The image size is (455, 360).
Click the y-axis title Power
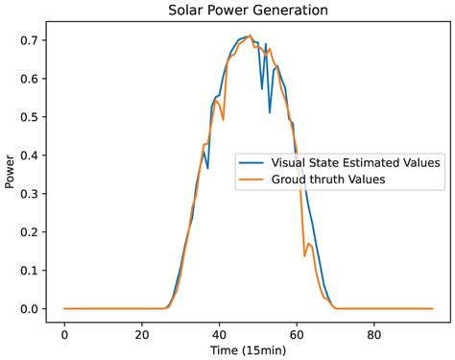[x=11, y=175]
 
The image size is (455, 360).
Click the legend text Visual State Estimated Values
[x=356, y=163]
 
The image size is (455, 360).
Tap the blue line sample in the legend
[x=252, y=163]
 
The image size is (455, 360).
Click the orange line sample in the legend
[x=252, y=180]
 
